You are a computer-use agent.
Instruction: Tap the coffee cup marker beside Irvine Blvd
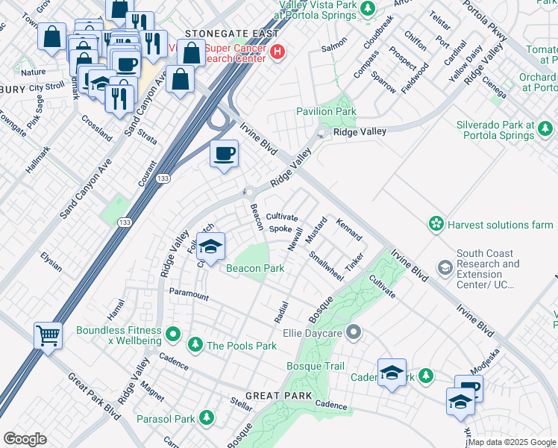click(x=224, y=155)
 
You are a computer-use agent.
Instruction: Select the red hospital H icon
click(x=278, y=52)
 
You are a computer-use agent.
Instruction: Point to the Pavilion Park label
click(x=326, y=111)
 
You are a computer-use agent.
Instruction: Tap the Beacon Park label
click(x=255, y=268)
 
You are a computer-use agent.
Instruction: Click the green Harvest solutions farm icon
click(x=436, y=224)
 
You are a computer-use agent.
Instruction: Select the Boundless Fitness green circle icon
click(x=174, y=333)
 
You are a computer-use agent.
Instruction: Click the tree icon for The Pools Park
click(x=195, y=345)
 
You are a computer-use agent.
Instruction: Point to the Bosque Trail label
click(x=316, y=366)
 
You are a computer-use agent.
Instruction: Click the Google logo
click(x=25, y=439)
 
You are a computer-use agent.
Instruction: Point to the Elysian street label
click(x=51, y=262)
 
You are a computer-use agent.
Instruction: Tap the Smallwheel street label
click(x=327, y=267)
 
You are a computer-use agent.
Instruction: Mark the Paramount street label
click(x=189, y=295)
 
